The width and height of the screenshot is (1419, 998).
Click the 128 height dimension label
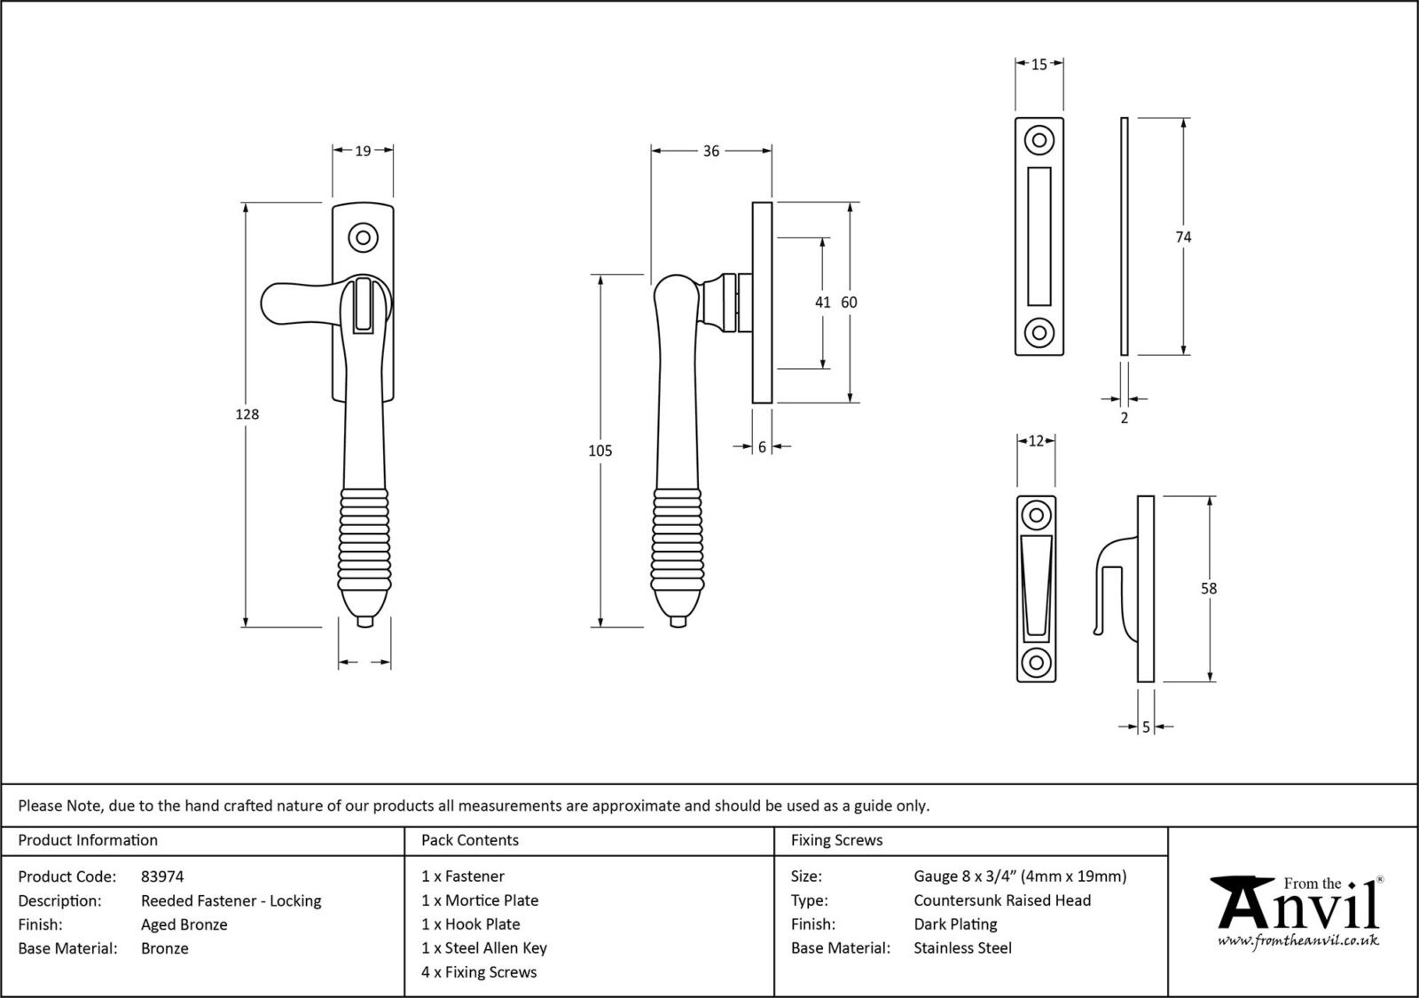click(247, 414)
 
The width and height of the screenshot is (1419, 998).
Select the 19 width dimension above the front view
click(363, 151)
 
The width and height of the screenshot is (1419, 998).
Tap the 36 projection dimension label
click(710, 151)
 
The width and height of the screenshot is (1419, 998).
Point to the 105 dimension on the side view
click(600, 451)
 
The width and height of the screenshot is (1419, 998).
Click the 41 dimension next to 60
click(823, 303)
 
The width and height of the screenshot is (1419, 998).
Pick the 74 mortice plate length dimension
click(1183, 237)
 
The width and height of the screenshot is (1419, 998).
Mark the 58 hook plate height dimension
click(1209, 588)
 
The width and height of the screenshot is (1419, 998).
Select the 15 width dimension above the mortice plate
click(1039, 64)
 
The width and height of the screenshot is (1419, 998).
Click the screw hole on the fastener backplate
click(362, 238)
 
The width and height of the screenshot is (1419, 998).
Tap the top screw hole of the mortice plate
click(1039, 140)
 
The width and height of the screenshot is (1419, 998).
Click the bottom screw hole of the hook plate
click(1036, 663)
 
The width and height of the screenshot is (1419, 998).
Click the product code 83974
click(162, 876)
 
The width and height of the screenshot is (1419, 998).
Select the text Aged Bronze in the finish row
click(184, 924)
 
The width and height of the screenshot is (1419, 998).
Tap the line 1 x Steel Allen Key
click(484, 948)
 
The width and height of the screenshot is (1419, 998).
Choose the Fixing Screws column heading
click(836, 840)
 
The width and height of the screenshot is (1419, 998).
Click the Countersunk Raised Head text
click(1002, 900)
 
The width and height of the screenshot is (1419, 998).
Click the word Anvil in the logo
click(1299, 908)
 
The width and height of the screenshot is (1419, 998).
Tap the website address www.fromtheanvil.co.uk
click(1297, 941)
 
